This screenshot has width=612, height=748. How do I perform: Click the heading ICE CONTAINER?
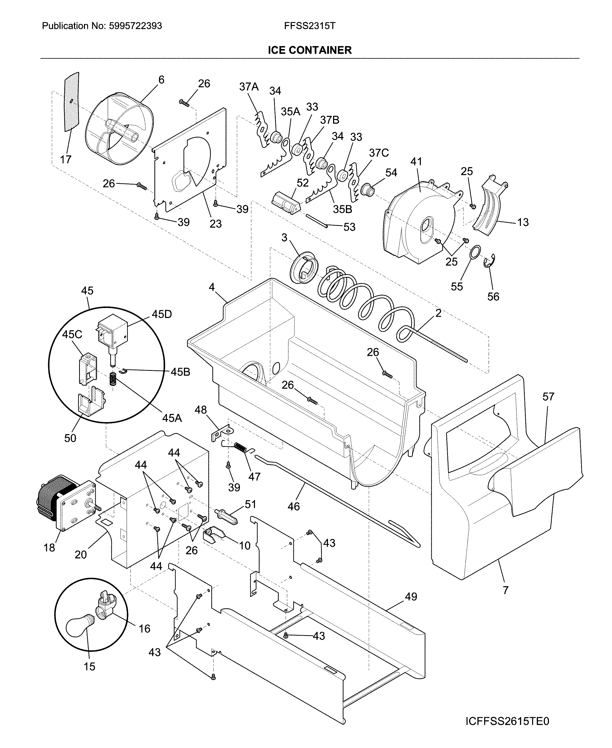coord(310,50)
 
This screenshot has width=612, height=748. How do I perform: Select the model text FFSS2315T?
coord(310,26)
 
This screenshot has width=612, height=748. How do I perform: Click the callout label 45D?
coord(162,314)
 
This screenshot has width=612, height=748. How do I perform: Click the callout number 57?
coord(548,397)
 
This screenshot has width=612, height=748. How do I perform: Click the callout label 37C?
coord(379,153)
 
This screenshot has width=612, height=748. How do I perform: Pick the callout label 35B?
coord(343,209)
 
